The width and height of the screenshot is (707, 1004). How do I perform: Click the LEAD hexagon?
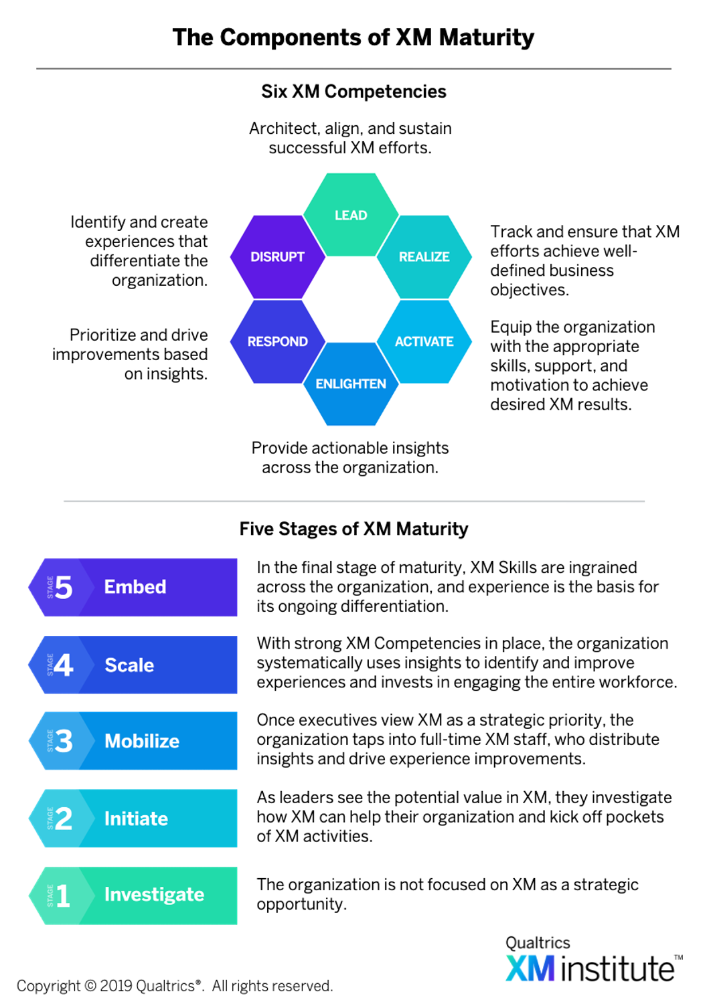point(351,215)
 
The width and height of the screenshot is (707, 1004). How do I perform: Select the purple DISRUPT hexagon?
point(277,257)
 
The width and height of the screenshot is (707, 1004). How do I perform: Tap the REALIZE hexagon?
point(424,257)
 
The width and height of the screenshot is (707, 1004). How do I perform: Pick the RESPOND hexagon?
point(277,341)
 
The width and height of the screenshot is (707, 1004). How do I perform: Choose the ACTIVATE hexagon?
point(424,341)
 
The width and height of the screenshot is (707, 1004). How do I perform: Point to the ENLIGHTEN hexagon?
point(351,384)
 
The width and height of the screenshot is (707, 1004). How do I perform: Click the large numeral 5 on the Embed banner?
point(64,587)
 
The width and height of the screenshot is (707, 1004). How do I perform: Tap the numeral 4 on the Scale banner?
point(64,665)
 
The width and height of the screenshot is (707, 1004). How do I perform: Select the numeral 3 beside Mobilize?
point(64,741)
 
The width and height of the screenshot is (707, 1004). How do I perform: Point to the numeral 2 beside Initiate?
point(64,819)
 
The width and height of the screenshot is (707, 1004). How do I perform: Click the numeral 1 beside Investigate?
point(63,896)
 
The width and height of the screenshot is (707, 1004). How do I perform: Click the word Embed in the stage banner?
point(135,587)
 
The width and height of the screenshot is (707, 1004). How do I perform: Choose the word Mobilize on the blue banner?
point(142,741)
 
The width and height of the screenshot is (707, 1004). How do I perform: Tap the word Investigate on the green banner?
point(154,895)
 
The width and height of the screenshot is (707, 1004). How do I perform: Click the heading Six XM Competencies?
point(353,92)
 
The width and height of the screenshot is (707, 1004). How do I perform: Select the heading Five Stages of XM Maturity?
point(353,529)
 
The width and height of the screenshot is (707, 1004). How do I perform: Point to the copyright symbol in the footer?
point(90,986)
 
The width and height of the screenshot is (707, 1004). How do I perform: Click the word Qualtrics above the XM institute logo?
point(538,942)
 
